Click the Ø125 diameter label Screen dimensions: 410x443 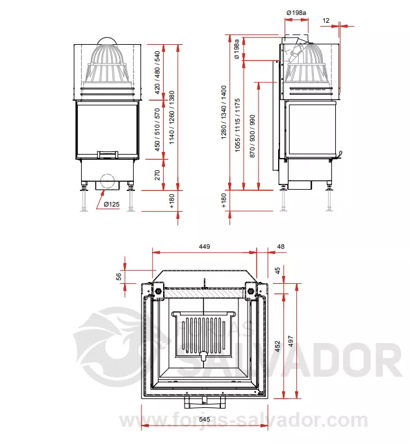pyautogui.click(x=111, y=204)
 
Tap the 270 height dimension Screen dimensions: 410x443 pyautogui.click(x=157, y=175)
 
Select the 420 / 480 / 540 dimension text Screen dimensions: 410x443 pyautogui.click(x=157, y=72)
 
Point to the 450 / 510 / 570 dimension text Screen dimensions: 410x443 pyautogui.click(x=157, y=130)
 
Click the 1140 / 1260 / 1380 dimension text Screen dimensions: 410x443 pyautogui.click(x=172, y=118)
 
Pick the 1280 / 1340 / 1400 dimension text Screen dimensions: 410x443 pyautogui.click(x=224, y=112)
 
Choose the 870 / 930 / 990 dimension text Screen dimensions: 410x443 pyautogui.click(x=252, y=136)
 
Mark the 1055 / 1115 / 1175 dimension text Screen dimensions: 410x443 pyautogui.click(x=237, y=125)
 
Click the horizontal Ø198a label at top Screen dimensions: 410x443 pyautogui.click(x=296, y=13)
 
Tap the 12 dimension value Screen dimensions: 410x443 pyautogui.click(x=326, y=21)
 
